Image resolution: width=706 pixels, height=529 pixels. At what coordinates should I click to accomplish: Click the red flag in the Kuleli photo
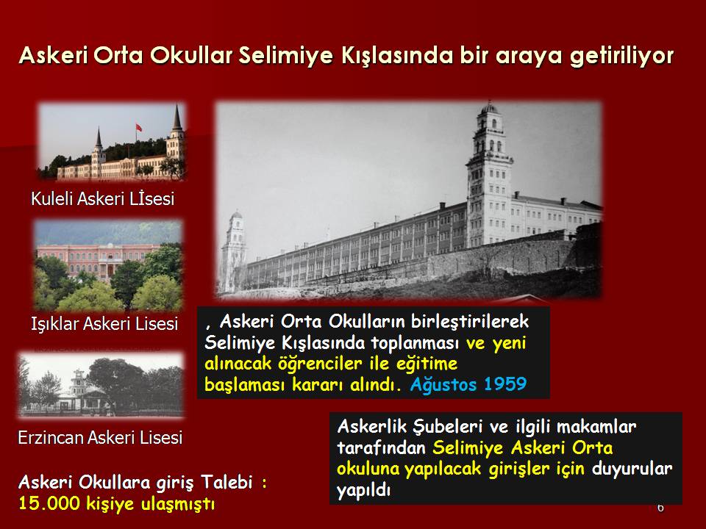tap(139, 128)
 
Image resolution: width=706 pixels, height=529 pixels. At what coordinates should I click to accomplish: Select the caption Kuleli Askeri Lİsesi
tap(103, 199)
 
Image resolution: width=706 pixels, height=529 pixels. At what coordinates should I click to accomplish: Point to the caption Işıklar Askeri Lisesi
tap(104, 324)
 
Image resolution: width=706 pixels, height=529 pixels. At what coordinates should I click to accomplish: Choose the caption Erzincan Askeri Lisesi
tap(101, 437)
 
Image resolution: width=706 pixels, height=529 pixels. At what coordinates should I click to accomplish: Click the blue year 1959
tap(505, 384)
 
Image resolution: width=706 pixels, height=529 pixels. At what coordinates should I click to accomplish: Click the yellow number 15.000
tap(49, 503)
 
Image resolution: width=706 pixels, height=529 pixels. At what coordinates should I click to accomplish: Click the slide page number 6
tap(660, 508)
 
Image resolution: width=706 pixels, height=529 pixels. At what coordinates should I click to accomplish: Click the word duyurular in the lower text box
tap(632, 469)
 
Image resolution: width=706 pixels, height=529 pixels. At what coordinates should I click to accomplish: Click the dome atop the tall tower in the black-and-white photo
tap(489, 108)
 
